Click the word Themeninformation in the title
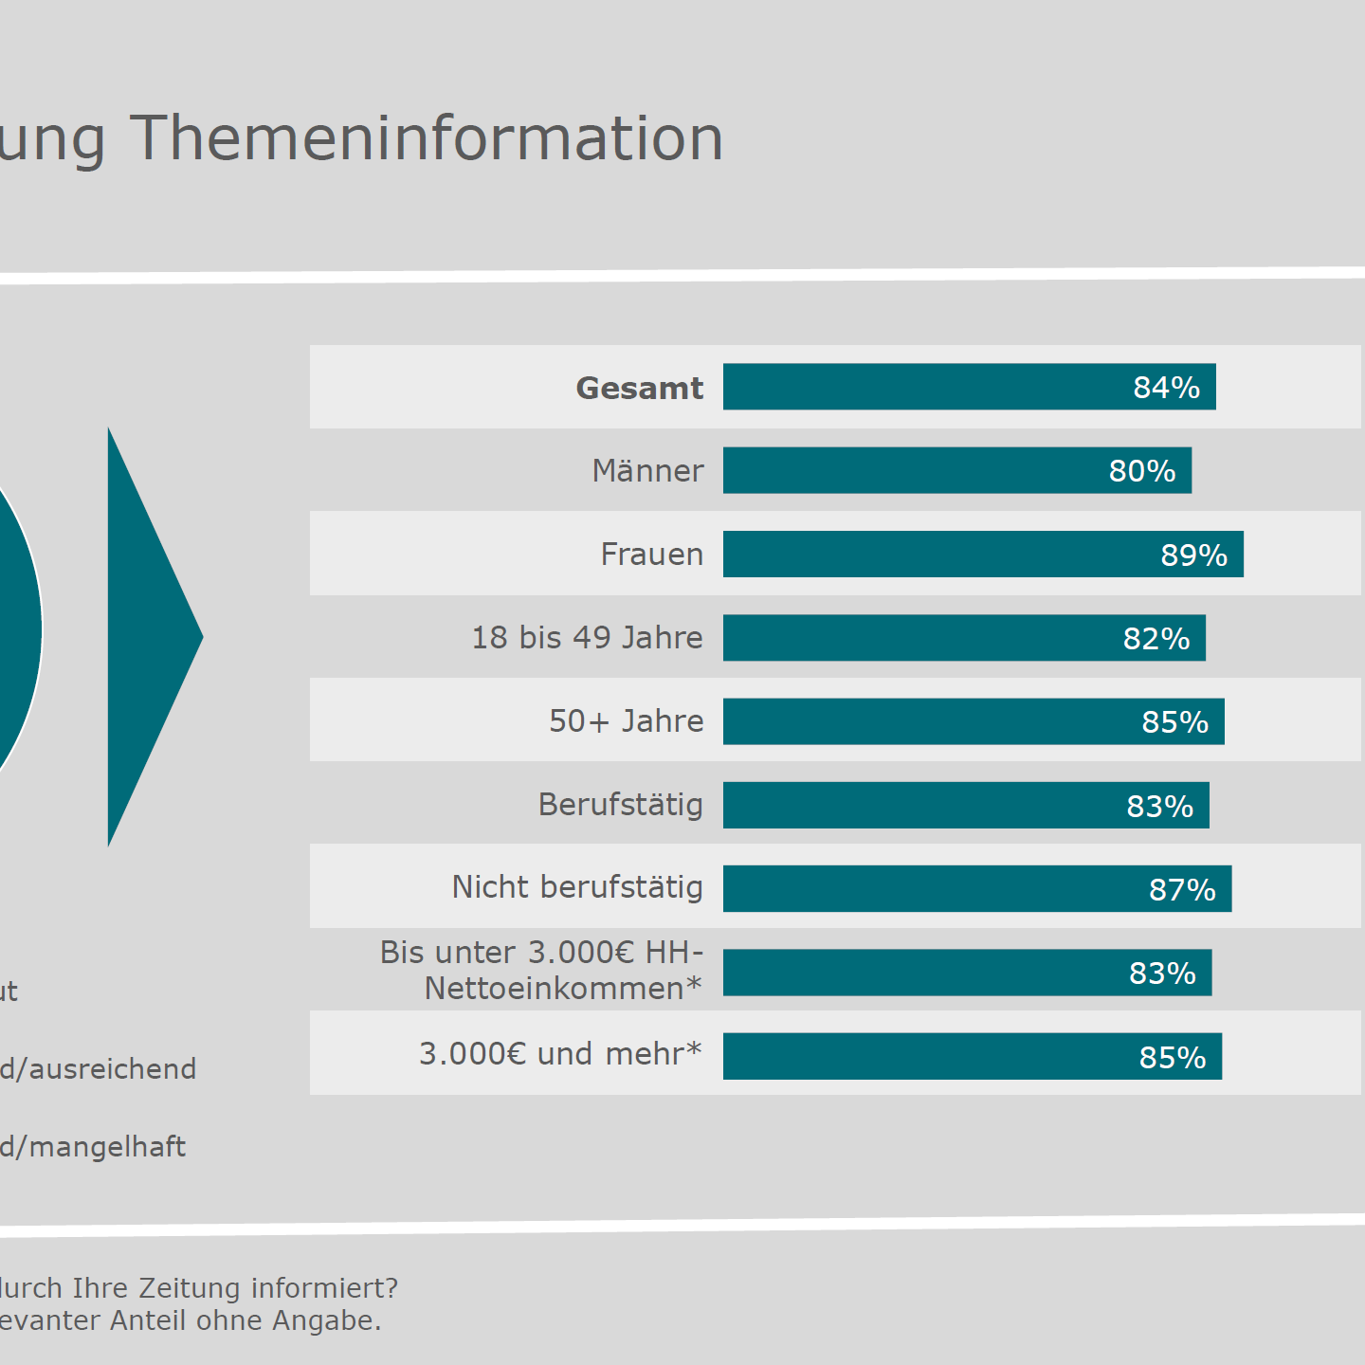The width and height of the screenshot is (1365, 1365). point(427,138)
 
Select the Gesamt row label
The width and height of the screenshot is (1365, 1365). point(640,388)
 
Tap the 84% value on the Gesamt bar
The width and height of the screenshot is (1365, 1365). point(1166,388)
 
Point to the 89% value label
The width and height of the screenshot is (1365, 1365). point(1193,555)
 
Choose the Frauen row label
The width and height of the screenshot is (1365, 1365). point(652,555)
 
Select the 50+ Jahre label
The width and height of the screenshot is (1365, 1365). point(627,721)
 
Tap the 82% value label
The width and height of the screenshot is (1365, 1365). point(1156,639)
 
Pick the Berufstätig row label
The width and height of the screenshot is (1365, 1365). point(621,805)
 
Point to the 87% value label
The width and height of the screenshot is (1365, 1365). point(1182,890)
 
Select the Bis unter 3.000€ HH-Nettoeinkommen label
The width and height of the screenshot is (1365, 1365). point(542,970)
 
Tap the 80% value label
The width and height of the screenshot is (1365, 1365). point(1142,471)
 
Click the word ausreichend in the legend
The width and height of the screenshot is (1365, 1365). point(113,1069)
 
